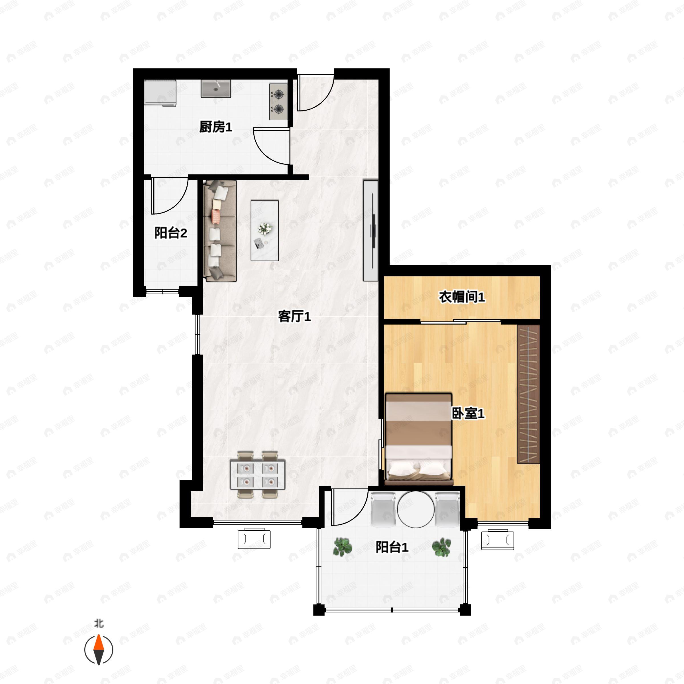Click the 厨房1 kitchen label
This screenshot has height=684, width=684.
pos(216,127)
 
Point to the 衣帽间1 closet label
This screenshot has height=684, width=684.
pos(462,297)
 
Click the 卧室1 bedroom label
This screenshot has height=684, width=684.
pos(468,413)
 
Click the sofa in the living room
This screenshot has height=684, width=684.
pos(220,231)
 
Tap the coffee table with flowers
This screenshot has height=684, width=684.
pos(265,231)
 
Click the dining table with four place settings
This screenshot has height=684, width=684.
pos(258,475)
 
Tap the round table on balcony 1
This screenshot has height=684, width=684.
pos(416,510)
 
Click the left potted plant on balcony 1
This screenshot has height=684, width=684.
pos(342,547)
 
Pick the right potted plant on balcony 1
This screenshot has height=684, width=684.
pos(441,547)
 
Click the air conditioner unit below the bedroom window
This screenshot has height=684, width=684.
pos(497,540)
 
